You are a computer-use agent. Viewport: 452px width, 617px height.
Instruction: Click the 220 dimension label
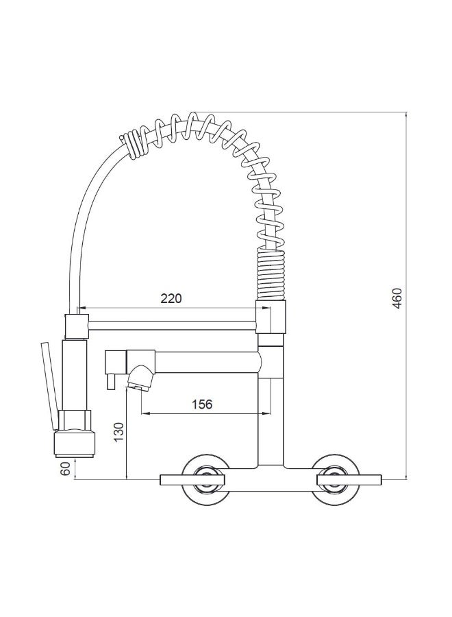171,298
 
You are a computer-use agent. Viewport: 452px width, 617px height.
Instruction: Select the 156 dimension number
201,404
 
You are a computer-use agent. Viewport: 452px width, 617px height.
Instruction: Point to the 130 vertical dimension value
117,433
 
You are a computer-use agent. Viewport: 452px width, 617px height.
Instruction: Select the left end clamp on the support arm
77,324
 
